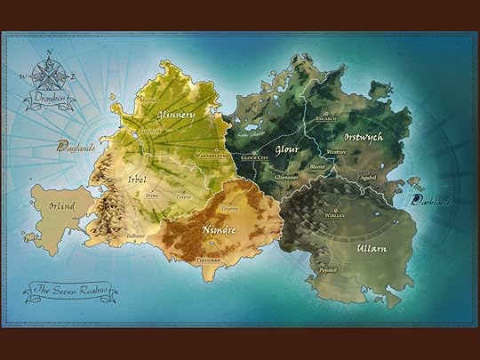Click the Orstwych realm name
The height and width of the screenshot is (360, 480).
[363, 138]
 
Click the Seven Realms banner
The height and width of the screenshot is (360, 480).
[68, 288]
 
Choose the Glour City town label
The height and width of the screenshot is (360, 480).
[256, 158]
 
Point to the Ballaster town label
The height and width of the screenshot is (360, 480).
[135, 236]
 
